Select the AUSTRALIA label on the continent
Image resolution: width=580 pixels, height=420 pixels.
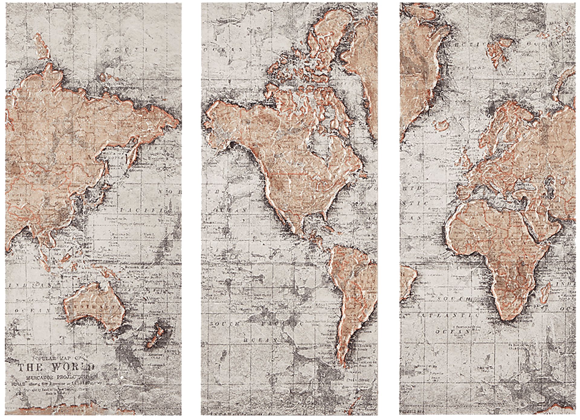pyautogui.click(x=92, y=307)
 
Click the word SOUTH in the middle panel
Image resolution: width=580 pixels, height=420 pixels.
pyautogui.click(x=225, y=323)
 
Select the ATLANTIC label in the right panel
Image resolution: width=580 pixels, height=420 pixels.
pyautogui.click(x=456, y=316)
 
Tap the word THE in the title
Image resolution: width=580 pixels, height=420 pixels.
pyautogui.click(x=30, y=367)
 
